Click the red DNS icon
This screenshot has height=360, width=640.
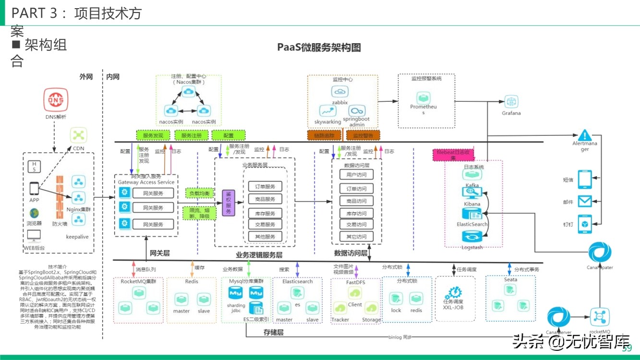point(56,100)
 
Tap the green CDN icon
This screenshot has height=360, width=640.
point(78,135)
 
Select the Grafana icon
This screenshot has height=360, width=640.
point(511,101)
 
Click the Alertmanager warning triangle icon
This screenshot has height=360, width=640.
point(584,135)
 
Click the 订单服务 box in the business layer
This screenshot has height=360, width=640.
point(265,187)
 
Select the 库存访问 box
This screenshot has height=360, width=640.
point(356,213)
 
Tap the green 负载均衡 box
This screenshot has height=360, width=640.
point(199,193)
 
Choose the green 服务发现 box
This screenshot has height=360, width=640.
point(153,135)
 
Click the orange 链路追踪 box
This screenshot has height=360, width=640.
point(324,135)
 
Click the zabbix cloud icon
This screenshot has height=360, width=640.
point(339,91)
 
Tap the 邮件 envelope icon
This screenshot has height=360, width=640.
point(584,201)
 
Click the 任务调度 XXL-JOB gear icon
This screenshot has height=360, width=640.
point(453,292)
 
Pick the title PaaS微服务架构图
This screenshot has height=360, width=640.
point(319,47)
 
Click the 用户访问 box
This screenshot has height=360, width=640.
point(356,175)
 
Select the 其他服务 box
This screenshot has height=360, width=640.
point(265,236)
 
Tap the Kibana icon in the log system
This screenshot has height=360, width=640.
point(472,193)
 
